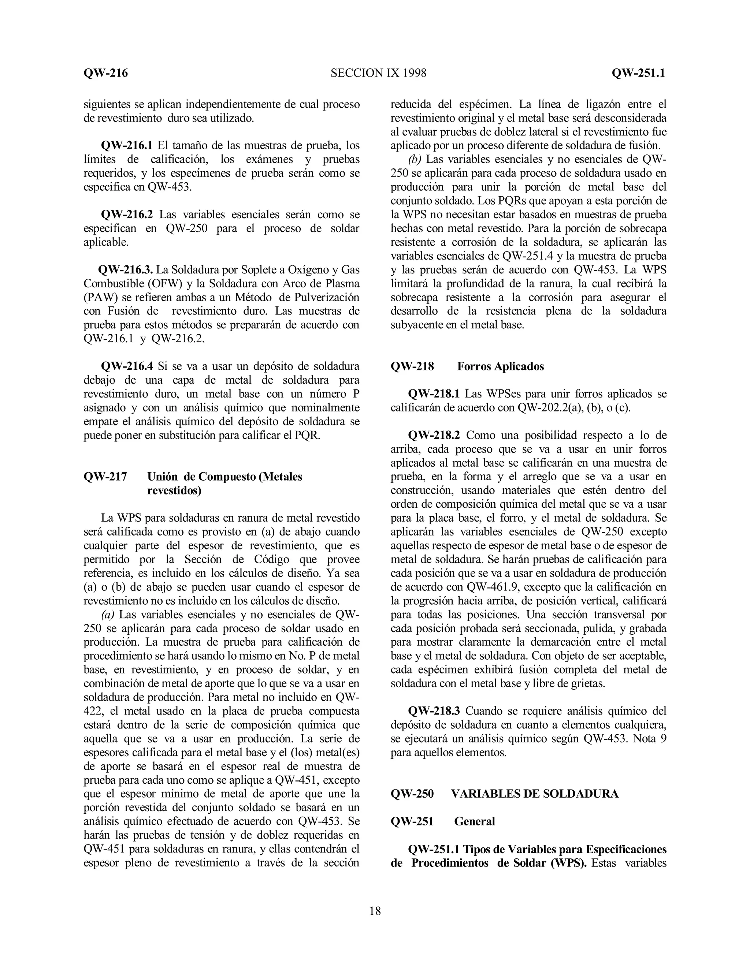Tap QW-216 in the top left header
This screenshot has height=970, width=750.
(x=106, y=73)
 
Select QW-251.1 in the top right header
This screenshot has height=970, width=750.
(x=638, y=73)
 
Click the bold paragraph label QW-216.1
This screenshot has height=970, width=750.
(x=127, y=146)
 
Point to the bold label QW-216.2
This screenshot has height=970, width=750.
(x=127, y=214)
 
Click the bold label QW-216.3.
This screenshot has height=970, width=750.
(x=125, y=270)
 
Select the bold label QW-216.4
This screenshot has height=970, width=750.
(x=127, y=366)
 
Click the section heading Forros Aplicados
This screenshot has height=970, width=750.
(x=500, y=366)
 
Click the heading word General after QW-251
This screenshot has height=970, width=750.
(x=474, y=822)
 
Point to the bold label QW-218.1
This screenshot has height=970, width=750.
(x=434, y=394)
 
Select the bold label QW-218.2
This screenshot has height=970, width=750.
(x=434, y=435)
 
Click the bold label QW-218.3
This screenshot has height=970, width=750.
(x=434, y=711)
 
